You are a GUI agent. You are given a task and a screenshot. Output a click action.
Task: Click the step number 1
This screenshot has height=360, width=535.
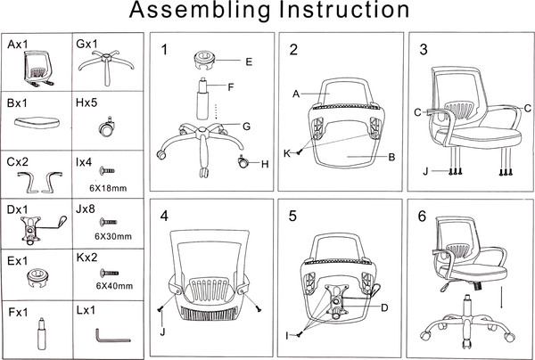[164, 49]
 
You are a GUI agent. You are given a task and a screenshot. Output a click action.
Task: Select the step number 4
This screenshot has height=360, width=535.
[164, 217]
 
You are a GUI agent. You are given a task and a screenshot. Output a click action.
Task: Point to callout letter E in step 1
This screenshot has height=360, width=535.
[249, 61]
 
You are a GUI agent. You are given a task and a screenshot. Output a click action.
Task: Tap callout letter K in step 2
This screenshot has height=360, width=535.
[287, 153]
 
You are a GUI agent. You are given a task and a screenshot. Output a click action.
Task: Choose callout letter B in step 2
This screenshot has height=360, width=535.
[391, 158]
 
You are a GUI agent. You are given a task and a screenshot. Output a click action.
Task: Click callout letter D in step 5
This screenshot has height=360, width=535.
[384, 308]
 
